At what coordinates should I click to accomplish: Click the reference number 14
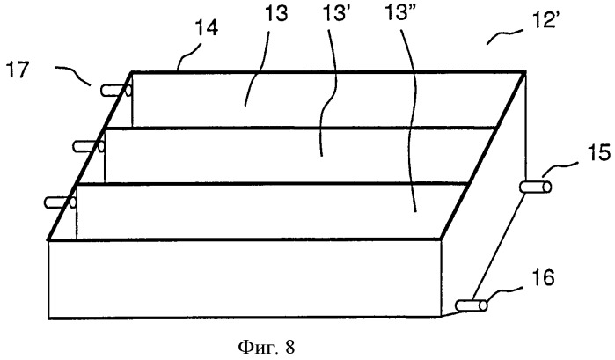coord(207,28)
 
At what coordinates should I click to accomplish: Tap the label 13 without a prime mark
coord(276,13)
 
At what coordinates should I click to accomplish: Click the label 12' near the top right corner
coord(544,19)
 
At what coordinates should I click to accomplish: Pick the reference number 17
coord(18,70)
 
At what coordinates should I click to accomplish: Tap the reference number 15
coord(599,152)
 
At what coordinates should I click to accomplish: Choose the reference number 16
coord(543,277)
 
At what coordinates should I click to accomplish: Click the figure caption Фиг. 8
coord(266,347)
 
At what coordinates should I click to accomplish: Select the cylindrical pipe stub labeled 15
coord(536,187)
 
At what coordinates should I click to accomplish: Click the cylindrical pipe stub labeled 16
coord(472,305)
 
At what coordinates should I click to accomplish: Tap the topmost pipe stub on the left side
coord(116,91)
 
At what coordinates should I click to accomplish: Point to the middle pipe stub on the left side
coord(89,147)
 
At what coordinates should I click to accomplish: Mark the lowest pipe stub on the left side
coord(61,202)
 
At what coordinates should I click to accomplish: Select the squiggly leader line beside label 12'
coord(505,36)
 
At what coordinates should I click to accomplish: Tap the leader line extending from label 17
coord(74,74)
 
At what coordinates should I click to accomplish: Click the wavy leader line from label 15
coord(560,169)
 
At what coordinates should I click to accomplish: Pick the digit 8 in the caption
coord(289,348)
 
